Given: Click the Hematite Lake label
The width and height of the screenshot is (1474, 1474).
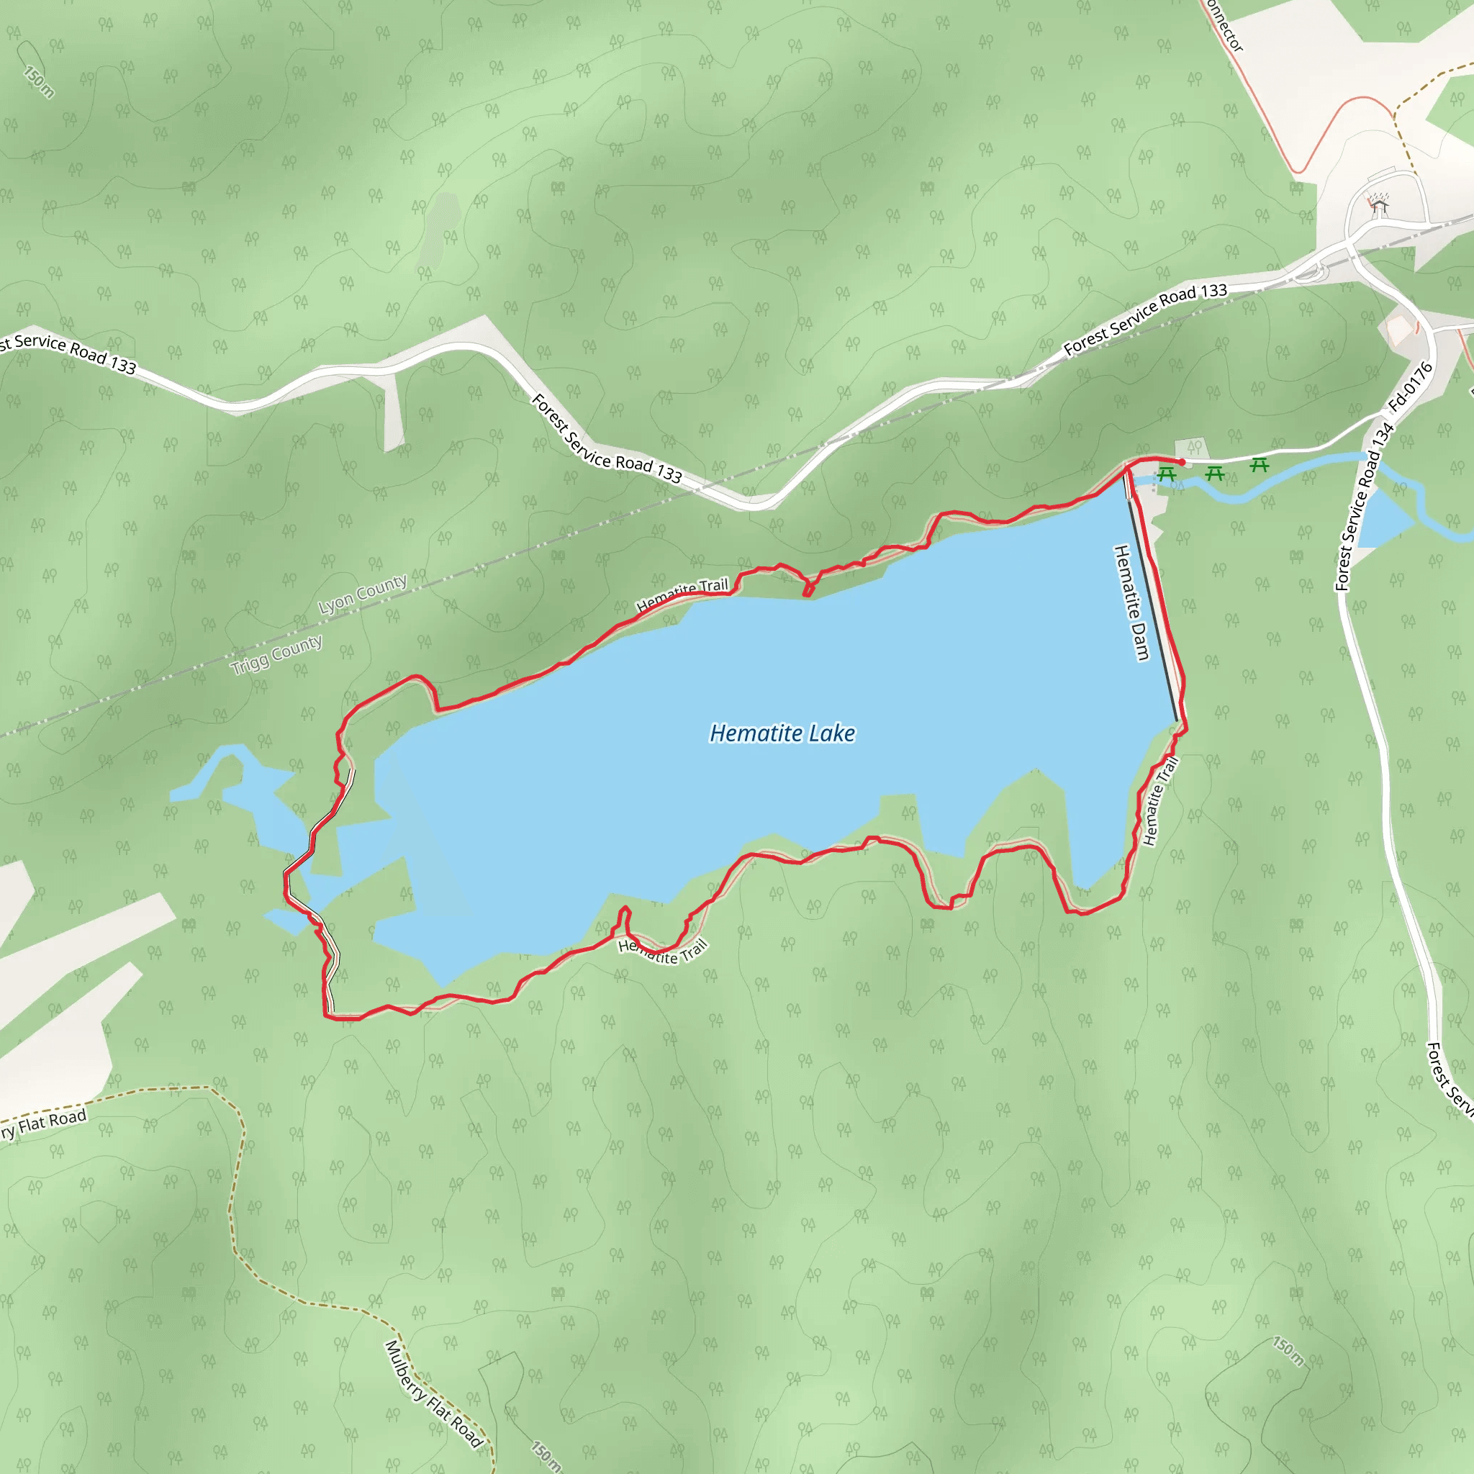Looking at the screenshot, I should point(782,733).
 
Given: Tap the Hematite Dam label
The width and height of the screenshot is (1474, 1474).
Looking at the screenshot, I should point(1131,602).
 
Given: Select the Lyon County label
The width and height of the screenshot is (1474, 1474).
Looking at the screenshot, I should point(363,594).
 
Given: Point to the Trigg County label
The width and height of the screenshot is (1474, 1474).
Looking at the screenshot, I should point(276,655).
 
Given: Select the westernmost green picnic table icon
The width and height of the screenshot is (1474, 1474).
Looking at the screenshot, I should point(1166,474).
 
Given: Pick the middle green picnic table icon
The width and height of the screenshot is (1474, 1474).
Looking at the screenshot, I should point(1214,474).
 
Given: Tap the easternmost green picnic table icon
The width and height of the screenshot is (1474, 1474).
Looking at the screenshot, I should point(1259,464).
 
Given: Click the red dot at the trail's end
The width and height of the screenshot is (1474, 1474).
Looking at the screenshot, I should point(1182,462).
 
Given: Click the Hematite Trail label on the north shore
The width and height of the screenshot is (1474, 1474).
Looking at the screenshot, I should point(682,595).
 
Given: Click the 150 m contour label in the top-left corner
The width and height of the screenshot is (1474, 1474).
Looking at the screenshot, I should point(38,81).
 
